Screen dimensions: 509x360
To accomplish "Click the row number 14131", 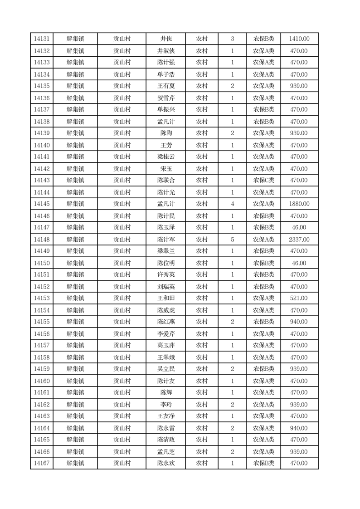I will point(42,39).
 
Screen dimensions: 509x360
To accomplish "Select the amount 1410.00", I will point(299,39).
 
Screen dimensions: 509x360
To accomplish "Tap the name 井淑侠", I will point(166,51).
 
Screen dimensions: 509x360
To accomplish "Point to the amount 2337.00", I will point(299,240).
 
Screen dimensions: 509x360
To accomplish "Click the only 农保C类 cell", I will point(263,181).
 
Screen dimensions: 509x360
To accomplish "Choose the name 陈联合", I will point(166,181).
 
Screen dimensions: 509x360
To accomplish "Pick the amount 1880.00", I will point(299,204).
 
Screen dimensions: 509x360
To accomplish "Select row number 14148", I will point(42,240).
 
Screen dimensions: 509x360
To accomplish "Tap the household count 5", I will point(233,240).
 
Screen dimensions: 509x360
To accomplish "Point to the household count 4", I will point(233,204).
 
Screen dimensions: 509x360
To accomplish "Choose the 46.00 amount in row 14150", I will point(299,263).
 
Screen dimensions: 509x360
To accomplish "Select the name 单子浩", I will point(166,74).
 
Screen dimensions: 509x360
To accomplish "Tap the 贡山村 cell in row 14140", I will point(122,145).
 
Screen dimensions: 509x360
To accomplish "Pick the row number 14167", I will point(42,463).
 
